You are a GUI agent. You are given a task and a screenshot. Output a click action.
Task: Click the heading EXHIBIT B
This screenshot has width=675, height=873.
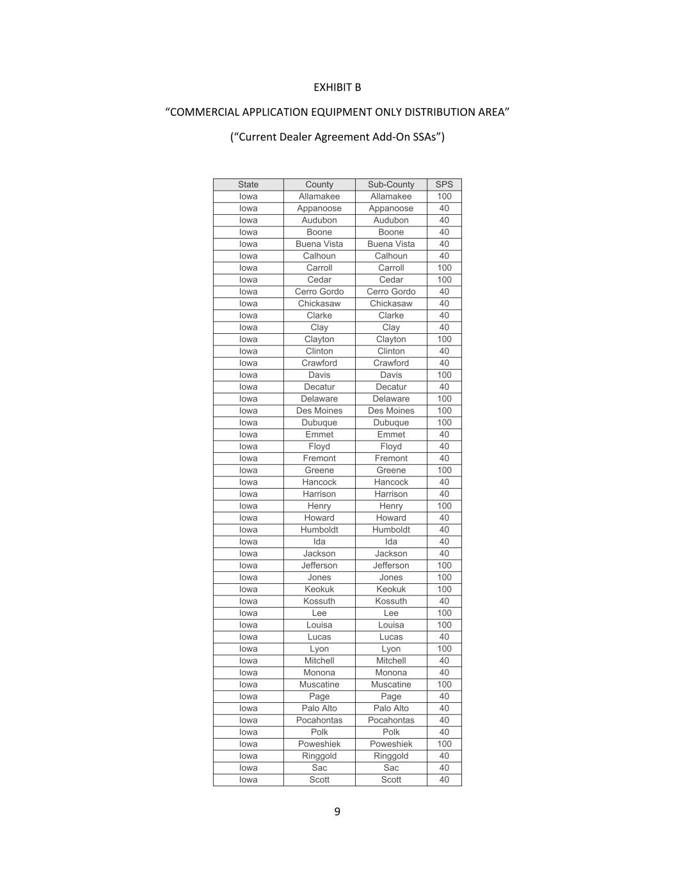click(337, 87)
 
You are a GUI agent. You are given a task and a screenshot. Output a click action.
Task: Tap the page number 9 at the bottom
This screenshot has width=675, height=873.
click(337, 812)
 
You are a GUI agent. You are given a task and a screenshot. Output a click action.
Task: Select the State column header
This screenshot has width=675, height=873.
click(248, 184)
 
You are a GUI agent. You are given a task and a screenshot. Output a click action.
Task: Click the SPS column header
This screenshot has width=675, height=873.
click(444, 184)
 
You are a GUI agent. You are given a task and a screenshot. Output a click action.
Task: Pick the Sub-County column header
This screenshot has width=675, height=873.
click(391, 184)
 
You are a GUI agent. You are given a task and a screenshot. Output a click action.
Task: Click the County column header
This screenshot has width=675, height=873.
click(319, 184)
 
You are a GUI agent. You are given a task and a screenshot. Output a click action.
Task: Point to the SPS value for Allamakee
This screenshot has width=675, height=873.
click(444, 196)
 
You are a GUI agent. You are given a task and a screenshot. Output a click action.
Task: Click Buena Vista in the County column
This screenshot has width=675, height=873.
click(319, 244)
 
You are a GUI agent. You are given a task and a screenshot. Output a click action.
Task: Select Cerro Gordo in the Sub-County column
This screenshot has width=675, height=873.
click(391, 292)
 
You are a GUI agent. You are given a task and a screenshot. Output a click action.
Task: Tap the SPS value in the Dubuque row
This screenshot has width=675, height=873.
click(444, 422)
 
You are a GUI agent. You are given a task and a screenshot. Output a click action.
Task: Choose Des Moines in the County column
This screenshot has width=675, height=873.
click(319, 411)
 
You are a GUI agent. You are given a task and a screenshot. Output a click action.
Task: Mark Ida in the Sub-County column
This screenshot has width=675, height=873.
click(391, 541)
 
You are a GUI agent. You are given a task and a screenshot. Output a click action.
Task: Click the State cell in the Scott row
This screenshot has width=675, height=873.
click(248, 780)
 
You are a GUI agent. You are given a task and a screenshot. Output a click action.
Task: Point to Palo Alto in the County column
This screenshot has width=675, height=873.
click(319, 708)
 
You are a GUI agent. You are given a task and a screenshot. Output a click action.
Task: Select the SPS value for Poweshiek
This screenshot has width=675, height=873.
click(444, 744)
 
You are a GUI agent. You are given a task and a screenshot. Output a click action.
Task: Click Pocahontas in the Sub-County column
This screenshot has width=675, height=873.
click(391, 720)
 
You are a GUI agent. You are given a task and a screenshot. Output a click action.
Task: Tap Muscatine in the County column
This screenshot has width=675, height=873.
click(319, 684)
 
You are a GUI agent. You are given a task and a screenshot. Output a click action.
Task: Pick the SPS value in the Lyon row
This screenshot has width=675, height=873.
click(444, 649)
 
